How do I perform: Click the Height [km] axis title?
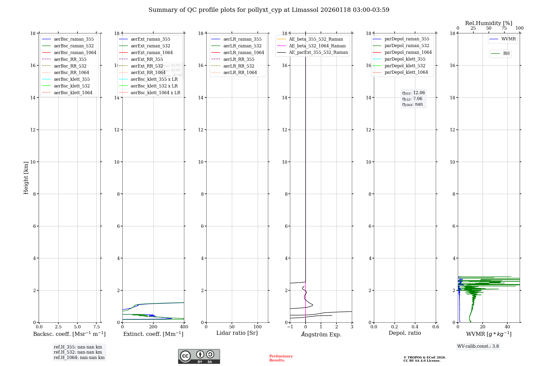pyautogui.click(x=26, y=178)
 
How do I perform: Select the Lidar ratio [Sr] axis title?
pyautogui.click(x=237, y=333)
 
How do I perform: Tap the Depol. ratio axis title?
pyautogui.click(x=405, y=333)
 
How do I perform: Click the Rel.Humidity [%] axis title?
pyautogui.click(x=489, y=23)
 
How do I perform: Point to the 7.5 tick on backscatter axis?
pyautogui.click(x=97, y=327)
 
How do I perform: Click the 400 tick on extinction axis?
pyautogui.click(x=184, y=327)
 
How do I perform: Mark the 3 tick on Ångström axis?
pyautogui.click(x=352, y=327)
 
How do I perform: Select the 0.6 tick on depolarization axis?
pyautogui.click(x=436, y=327)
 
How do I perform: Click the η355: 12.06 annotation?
pyautogui.click(x=413, y=93)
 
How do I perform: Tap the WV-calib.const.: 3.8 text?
pyautogui.click(x=478, y=346)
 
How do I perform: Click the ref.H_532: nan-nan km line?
pyautogui.click(x=78, y=352)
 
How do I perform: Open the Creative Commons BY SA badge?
pyautogui.click(x=199, y=357)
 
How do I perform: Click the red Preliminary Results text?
pyautogui.click(x=281, y=358)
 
